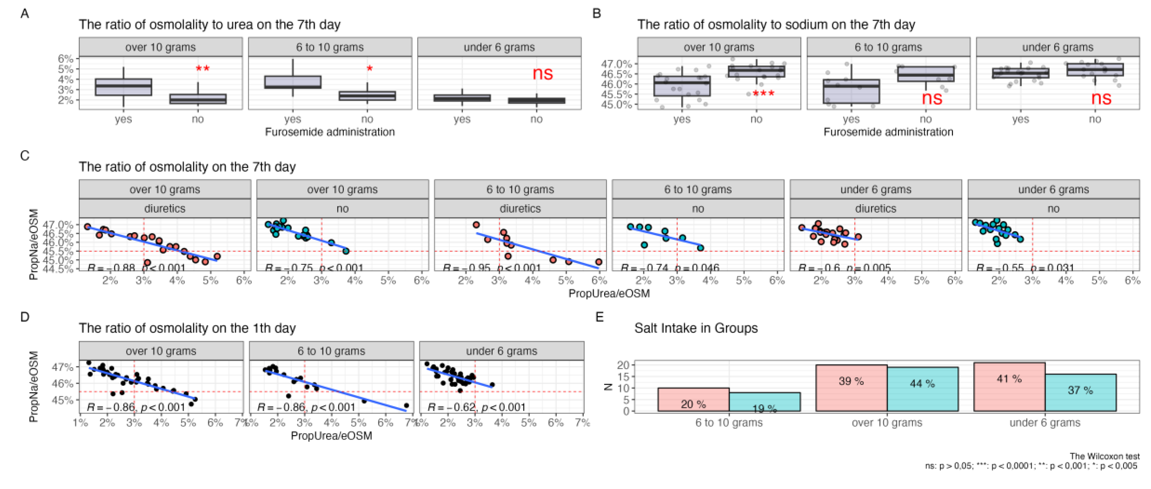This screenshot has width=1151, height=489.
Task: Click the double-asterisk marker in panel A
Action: click(202, 69)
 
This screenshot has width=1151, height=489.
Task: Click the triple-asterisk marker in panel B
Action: click(763, 93)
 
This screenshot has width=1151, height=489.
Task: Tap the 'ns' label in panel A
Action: click(542, 73)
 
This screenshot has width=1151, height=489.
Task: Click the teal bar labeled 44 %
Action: click(922, 389)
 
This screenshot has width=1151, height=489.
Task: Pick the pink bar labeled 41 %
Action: click(1009, 387)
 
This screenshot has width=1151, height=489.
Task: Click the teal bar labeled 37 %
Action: click(1080, 393)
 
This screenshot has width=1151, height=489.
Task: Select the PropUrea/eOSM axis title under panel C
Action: click(609, 294)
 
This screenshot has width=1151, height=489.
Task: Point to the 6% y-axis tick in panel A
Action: click(65, 59)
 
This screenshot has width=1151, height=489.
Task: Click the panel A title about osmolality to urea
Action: click(209, 24)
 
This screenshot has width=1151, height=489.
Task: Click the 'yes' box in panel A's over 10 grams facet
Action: click(123, 87)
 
